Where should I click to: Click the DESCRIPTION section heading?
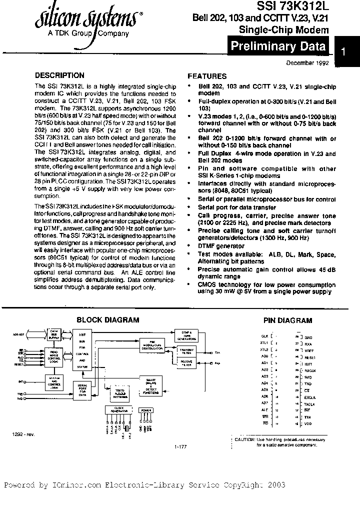click(x=59, y=76)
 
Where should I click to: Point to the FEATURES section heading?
click(x=207, y=76)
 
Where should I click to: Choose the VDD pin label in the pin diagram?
click(x=307, y=423)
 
